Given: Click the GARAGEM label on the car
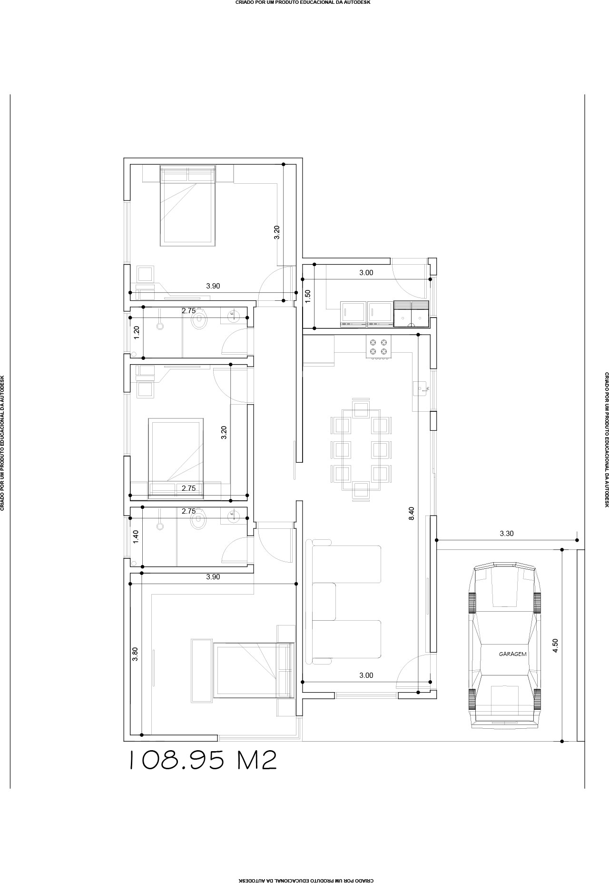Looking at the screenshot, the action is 512,654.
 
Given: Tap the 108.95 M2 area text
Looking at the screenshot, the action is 203,760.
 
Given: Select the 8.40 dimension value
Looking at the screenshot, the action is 412,513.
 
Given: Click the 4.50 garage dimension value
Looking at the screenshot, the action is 555,645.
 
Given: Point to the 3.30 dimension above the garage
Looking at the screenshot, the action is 507,534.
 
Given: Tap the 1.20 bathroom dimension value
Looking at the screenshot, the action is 137,332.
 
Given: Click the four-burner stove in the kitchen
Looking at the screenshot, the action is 378,347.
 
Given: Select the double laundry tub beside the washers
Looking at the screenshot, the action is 411,314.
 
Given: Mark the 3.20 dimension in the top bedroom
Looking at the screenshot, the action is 277,232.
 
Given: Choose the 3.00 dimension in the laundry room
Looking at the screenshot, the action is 366,273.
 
